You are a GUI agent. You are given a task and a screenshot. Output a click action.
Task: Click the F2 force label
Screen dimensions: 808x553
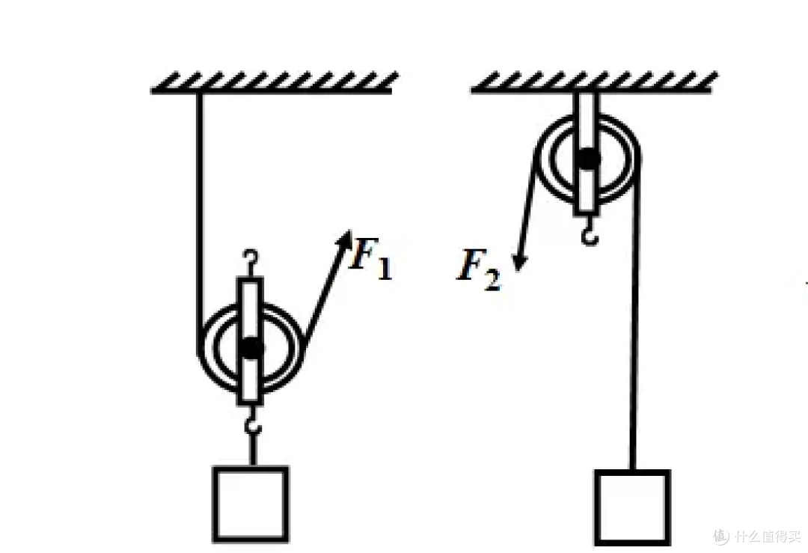(x=478, y=270)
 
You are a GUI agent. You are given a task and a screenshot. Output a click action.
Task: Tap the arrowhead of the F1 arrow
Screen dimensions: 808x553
(x=344, y=239)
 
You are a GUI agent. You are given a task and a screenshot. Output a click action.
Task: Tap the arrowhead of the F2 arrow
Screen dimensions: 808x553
(x=518, y=261)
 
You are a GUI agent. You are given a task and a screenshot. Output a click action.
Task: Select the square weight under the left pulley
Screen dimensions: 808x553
(x=251, y=504)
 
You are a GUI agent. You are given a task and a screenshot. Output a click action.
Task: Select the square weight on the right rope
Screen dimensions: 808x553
(x=633, y=507)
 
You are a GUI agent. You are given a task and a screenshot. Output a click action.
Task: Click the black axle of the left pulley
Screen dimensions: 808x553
(x=251, y=349)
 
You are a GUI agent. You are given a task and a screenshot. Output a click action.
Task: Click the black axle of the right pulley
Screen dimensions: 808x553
(x=587, y=158)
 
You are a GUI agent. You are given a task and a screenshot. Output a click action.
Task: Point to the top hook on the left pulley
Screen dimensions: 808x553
(x=251, y=260)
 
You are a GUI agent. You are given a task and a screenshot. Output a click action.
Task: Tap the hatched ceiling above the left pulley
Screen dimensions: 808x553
(x=274, y=82)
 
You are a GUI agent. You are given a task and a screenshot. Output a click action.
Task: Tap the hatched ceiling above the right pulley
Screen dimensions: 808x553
(x=594, y=82)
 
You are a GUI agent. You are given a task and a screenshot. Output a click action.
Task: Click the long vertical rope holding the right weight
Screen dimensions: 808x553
(x=636, y=309)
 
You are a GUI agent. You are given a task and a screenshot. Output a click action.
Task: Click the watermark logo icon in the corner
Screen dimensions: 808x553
(x=721, y=536)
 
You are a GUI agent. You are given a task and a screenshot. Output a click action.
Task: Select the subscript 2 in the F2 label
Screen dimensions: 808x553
(x=492, y=281)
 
